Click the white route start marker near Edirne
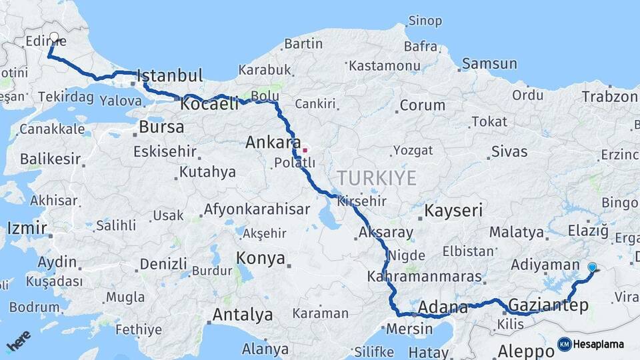(54, 37)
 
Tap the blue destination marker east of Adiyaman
(592, 267)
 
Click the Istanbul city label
(170, 75)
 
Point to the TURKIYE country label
(377, 178)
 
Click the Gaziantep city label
(548, 305)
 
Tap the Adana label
(443, 307)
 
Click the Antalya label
(243, 314)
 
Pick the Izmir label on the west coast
(27, 228)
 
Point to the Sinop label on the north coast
(425, 21)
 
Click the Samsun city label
(489, 64)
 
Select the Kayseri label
(453, 211)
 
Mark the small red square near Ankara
(305, 150)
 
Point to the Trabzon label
(609, 97)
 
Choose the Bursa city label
(162, 127)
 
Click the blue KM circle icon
(565, 344)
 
